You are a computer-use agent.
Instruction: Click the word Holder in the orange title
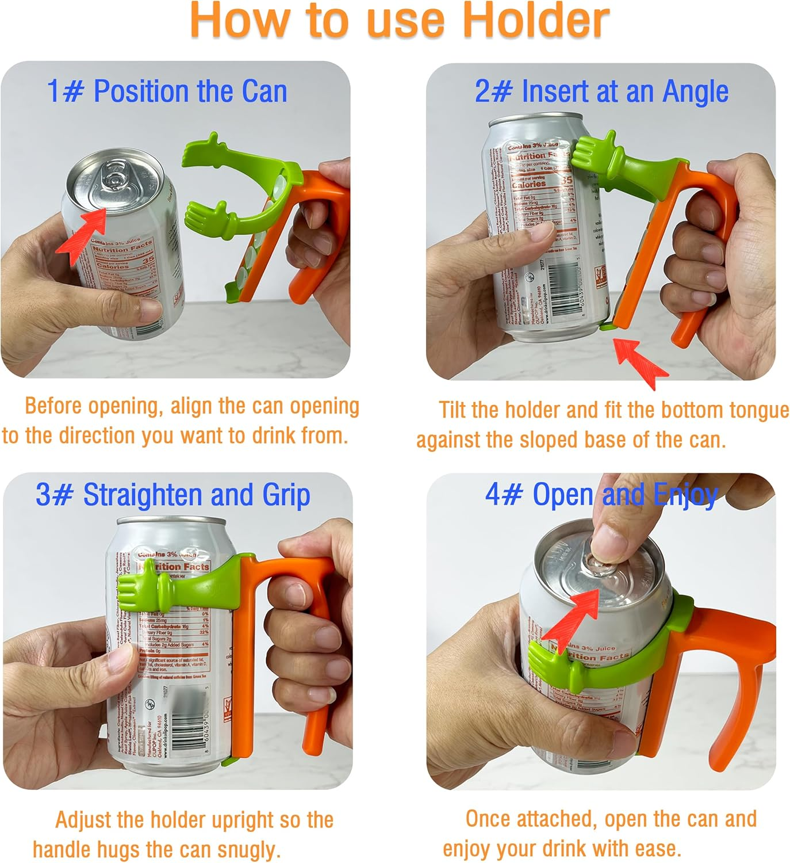pos(535,21)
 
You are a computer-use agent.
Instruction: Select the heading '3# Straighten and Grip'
pos(172,495)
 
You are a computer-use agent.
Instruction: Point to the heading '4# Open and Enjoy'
pos(601,495)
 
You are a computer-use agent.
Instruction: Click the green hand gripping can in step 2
pos(592,155)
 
